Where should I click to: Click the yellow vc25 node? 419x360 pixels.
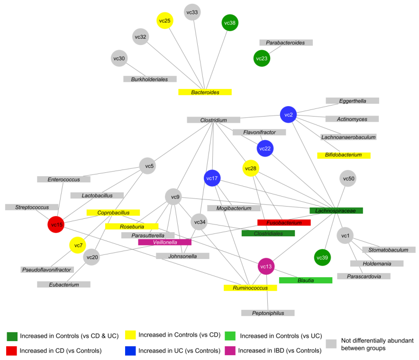(164, 21)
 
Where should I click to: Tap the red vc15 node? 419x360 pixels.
(56, 225)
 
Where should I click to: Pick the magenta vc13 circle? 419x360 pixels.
(266, 267)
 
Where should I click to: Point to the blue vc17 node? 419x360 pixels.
(212, 178)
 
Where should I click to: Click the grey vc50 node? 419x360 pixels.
(348, 179)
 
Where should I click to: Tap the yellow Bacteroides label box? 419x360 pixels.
(205, 92)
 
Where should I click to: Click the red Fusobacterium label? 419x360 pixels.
(284, 223)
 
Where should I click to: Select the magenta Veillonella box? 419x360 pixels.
(164, 242)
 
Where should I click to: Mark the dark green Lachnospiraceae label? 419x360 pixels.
(336, 211)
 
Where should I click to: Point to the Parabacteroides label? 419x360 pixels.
(285, 43)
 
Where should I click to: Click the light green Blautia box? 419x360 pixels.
(306, 280)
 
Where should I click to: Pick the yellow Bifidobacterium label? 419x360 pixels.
(343, 155)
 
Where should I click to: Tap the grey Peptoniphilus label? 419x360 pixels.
(267, 313)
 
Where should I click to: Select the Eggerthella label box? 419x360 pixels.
(352, 101)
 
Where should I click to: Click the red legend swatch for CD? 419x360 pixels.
(12, 351)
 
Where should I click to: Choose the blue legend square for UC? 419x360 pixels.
(131, 351)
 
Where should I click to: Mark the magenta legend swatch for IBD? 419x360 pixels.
(230, 351)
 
